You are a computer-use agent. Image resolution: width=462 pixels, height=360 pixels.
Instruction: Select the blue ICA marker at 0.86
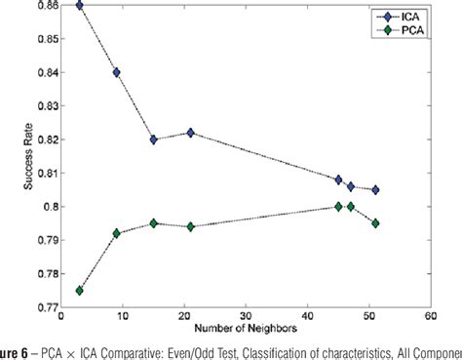79,5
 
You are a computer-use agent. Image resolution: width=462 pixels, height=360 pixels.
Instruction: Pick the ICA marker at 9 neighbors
116,72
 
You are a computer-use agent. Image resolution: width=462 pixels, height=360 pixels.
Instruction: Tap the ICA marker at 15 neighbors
153,140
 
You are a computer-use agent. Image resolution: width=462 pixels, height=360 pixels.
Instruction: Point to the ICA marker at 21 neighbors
190,133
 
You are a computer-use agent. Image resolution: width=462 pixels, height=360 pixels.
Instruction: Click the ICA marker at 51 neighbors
375,189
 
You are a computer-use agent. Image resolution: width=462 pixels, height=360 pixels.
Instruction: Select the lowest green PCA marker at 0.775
79,291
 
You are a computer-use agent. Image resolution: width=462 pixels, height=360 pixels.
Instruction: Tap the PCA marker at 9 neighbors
116,233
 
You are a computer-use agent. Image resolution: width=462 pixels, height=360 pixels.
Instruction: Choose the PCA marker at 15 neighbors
153,223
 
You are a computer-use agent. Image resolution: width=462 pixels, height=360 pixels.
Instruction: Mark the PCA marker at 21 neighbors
190,226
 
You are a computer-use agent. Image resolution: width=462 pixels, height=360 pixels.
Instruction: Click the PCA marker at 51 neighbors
375,223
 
